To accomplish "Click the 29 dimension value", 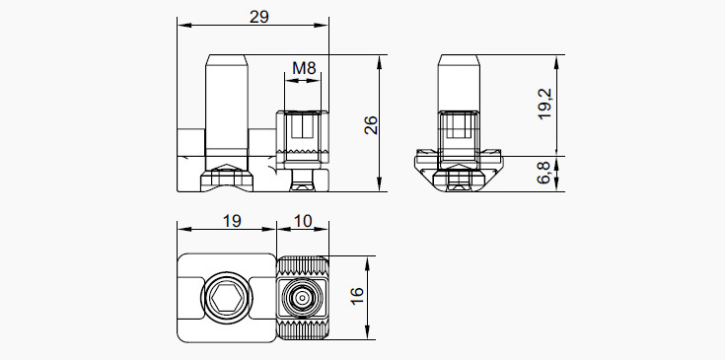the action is click(x=258, y=17).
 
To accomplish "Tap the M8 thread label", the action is click(x=304, y=68).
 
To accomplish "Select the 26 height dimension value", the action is click(x=371, y=125).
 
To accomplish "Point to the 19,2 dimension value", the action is click(x=545, y=104).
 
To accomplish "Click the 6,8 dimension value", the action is click(x=544, y=173).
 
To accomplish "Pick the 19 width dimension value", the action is click(x=232, y=221).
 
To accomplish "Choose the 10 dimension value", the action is click(x=303, y=221).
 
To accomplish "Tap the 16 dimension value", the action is click(x=357, y=296).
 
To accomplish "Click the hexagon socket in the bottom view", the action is click(x=227, y=297).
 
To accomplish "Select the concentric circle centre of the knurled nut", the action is click(x=303, y=297).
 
